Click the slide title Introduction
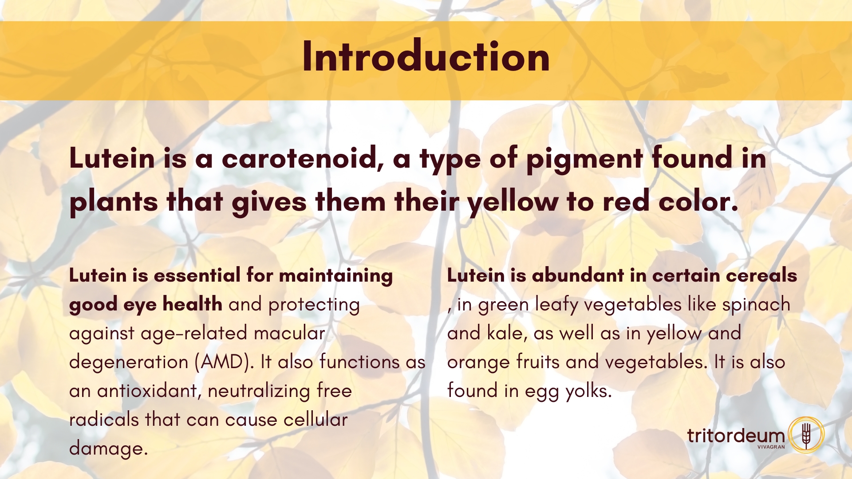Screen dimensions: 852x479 (426, 56)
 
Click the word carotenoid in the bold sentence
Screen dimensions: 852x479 (303, 158)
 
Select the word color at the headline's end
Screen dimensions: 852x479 (698, 202)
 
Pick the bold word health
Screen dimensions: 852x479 (192, 304)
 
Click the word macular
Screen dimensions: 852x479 (289, 333)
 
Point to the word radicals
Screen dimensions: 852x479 (104, 420)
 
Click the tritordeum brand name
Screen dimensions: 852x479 (736, 436)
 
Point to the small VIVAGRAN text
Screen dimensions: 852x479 (771, 447)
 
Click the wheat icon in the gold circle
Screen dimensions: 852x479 (806, 435)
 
